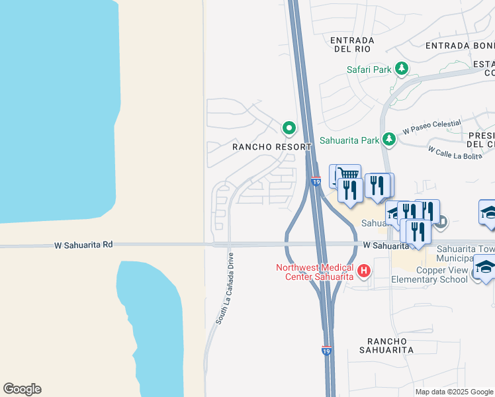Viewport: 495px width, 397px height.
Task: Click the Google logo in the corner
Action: (22, 389)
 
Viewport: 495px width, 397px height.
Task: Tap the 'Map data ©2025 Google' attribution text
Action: (454, 392)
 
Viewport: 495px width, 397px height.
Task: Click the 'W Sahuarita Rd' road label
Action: (84, 245)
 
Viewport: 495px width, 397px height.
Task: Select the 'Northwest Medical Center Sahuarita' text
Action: (315, 272)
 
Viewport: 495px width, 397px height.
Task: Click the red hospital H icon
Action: (363, 271)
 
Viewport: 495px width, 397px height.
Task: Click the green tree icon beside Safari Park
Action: (401, 68)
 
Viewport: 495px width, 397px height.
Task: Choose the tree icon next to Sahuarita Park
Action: (390, 139)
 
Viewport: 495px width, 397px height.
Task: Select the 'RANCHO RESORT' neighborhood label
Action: (271, 147)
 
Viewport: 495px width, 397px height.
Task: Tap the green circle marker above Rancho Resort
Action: (289, 127)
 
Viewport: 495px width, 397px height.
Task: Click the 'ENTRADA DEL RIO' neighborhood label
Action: (352, 45)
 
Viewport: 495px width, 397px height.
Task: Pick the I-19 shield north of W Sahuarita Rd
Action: (316, 181)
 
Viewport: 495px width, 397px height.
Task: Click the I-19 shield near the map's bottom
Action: (326, 351)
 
